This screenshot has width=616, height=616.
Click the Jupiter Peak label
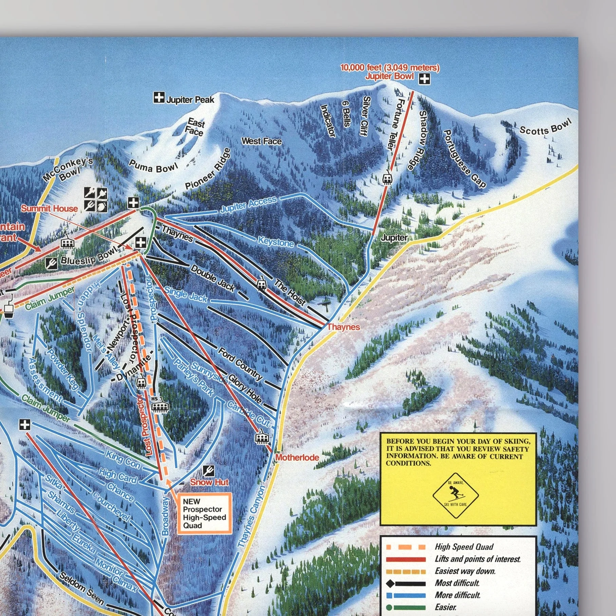[x=190, y=99]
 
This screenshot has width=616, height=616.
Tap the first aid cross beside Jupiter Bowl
[x=424, y=79]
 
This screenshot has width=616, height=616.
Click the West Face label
[x=261, y=141]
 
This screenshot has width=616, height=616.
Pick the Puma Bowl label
[x=153, y=166]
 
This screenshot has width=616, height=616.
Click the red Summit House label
[x=50, y=208]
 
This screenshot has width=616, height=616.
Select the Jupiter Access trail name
[x=248, y=205]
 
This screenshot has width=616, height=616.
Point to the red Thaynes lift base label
[x=343, y=327]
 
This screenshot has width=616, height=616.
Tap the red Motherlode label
[x=297, y=458]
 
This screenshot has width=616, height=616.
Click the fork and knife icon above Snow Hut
[x=208, y=470]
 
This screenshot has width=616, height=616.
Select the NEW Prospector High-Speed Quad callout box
[x=204, y=513]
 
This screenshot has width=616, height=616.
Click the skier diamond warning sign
[x=455, y=495]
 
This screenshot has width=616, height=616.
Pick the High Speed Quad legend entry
[x=464, y=547]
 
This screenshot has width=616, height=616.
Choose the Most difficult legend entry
[x=457, y=583]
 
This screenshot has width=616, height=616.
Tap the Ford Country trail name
[x=240, y=364]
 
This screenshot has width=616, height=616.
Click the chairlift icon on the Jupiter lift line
[x=387, y=179]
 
